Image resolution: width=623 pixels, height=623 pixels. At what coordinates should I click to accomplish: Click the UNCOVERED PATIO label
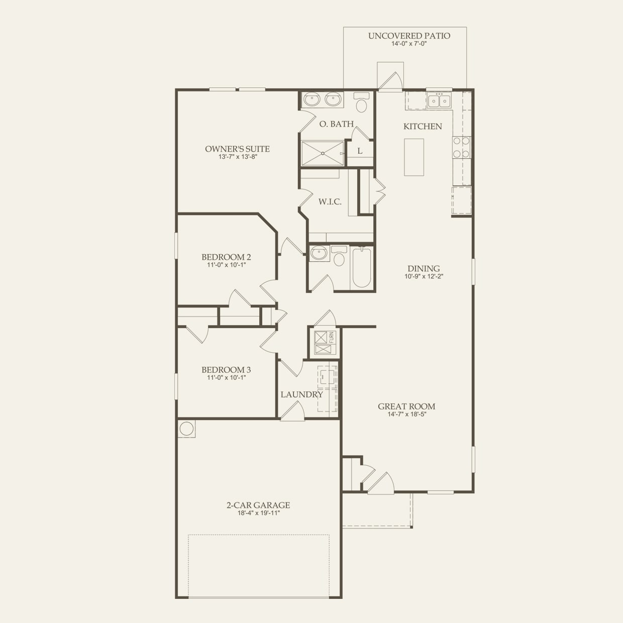409,36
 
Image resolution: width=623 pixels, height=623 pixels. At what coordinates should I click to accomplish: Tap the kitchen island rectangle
414,157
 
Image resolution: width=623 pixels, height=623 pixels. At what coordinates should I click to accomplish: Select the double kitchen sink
439,101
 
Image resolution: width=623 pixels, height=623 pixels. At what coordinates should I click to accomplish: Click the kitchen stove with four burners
461,148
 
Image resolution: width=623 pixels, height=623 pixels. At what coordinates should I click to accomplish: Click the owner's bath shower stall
323,153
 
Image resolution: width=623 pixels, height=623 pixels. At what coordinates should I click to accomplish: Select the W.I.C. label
330,202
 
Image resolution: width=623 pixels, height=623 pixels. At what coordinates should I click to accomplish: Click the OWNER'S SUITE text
237,149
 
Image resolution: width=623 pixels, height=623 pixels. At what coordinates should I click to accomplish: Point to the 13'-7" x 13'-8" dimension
238,157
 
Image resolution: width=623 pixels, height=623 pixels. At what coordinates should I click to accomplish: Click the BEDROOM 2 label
226,257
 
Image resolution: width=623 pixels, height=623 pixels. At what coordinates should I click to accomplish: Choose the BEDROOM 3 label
226,369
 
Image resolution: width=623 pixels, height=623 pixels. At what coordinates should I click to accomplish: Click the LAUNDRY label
301,394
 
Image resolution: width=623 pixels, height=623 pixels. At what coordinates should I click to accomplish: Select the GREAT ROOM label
406,406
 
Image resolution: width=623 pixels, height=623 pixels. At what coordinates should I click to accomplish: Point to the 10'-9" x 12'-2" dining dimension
424,276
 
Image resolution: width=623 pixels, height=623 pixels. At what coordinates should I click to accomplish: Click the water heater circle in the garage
186,429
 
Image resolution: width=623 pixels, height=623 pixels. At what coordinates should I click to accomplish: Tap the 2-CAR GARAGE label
258,505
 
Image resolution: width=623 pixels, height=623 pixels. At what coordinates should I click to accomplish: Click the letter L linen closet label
360,151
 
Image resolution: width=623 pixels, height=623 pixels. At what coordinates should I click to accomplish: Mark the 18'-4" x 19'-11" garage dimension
258,513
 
